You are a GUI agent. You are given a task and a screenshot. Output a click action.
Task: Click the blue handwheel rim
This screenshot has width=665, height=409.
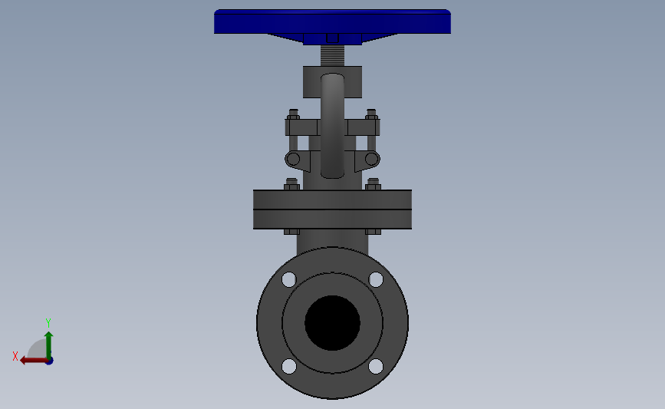pos(333,21)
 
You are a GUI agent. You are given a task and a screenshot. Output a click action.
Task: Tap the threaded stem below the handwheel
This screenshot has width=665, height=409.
pos(333,55)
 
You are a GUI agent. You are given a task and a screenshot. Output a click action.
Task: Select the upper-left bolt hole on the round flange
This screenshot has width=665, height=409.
pos(289,279)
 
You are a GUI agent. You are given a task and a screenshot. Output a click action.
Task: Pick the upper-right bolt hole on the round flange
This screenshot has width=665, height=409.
pos(376,279)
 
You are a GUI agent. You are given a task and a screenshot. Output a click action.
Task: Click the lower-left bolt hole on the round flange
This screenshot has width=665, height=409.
pos(289,366)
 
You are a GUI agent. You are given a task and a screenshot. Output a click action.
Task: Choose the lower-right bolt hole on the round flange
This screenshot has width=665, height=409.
pos(376,366)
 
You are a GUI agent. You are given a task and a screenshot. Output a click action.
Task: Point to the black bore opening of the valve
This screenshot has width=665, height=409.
pos(333,323)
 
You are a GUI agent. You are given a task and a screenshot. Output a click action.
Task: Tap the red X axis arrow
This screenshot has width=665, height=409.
pos(35,361)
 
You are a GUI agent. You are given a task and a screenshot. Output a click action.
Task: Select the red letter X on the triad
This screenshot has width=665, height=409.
pos(15,356)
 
